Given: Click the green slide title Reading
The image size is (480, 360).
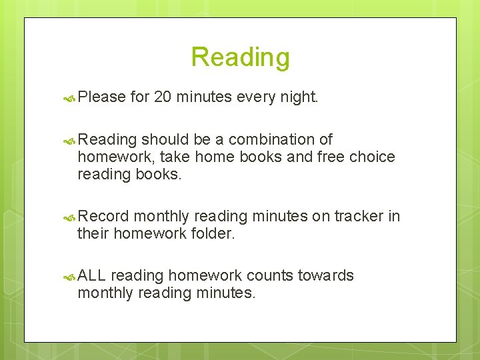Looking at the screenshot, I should (240, 57).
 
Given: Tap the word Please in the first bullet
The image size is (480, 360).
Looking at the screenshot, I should (101, 97).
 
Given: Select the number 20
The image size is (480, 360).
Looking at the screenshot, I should (163, 97).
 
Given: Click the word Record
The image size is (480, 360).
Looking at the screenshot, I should (103, 217).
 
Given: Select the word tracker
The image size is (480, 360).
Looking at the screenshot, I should (359, 217).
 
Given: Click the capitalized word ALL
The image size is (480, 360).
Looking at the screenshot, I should (92, 276).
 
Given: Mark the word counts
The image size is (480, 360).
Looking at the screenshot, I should (270, 276).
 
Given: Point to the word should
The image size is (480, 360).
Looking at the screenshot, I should (165, 140).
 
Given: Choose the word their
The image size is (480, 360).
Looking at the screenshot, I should (93, 234).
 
